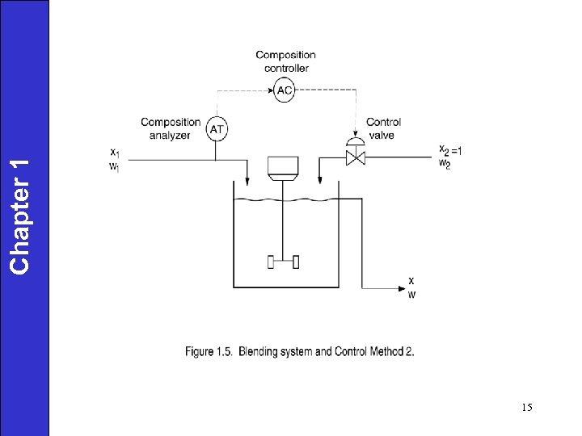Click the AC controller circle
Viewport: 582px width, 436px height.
[284, 90]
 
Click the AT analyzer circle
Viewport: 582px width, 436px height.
[217, 129]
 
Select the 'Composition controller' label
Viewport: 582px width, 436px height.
[285, 61]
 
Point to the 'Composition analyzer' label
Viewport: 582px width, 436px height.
[171, 129]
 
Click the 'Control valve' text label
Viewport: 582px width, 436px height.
[383, 129]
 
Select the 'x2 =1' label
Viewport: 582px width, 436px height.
[451, 149]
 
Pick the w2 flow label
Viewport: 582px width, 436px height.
[443, 165]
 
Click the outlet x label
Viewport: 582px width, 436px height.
[411, 280]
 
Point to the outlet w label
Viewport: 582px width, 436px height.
[411, 294]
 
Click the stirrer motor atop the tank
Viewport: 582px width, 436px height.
[283, 168]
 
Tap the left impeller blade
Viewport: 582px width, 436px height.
[271, 261]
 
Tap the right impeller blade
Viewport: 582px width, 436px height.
[296, 261]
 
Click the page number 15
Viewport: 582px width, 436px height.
[526, 408]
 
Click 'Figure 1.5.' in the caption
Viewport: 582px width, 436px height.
[210, 351]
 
